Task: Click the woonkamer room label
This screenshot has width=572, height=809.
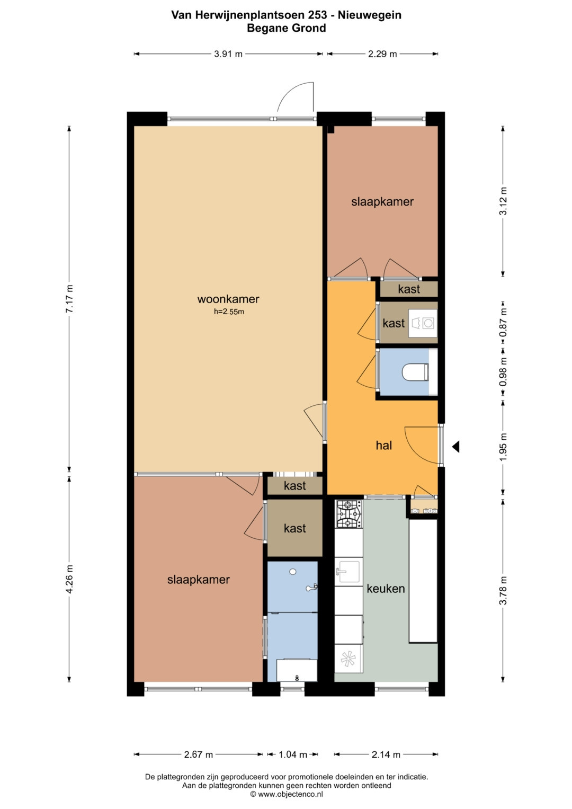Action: point(228,299)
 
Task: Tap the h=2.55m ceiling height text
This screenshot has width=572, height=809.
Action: point(229,312)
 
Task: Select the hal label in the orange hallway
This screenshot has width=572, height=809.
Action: point(384,446)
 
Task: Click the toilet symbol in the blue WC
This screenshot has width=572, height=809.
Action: point(415,372)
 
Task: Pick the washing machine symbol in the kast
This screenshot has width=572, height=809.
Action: point(423,323)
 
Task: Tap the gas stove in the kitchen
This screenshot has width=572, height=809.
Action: point(348,514)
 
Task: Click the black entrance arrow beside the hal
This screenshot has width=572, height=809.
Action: point(455,447)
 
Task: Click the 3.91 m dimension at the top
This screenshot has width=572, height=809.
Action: point(228,54)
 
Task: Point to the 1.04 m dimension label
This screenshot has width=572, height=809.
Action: point(292,754)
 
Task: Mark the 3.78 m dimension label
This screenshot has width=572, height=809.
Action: point(503,590)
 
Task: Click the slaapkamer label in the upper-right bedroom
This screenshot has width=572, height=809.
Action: point(382,201)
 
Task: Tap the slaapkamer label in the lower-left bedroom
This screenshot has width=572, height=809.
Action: point(198,580)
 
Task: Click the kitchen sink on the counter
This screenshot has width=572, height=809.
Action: point(348,571)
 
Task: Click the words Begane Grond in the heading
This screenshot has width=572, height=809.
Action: point(287,28)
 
